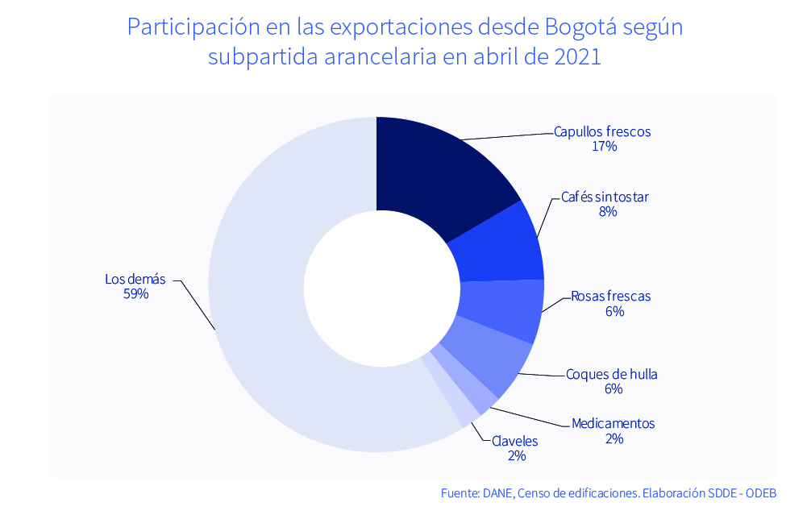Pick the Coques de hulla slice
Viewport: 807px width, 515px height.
pyautogui.click(x=489, y=359)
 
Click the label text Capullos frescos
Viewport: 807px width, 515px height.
pyautogui.click(x=602, y=131)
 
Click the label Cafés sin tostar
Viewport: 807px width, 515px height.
pyautogui.click(x=605, y=197)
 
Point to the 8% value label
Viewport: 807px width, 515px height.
pyautogui.click(x=607, y=212)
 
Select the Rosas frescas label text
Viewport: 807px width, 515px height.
pyautogui.click(x=610, y=296)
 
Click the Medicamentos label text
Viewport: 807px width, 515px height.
pyautogui.click(x=613, y=424)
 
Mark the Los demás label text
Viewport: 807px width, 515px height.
pyautogui.click(x=135, y=279)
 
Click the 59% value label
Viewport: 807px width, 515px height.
pyautogui.click(x=135, y=294)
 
